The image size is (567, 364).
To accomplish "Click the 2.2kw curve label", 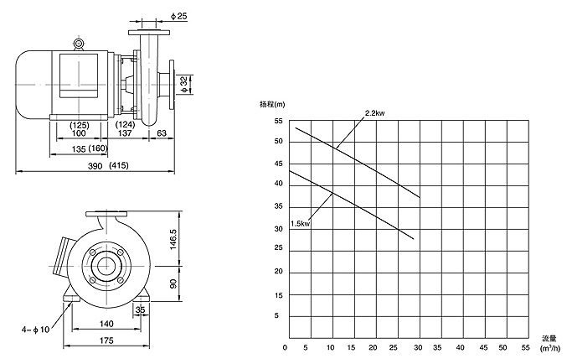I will pyautogui.click(x=374, y=112).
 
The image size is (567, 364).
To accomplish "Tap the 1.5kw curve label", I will pyautogui.click(x=300, y=223).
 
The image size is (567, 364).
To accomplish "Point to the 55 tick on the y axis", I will pyautogui.click(x=278, y=121).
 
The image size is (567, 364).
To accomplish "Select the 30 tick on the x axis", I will pyautogui.click(x=416, y=347).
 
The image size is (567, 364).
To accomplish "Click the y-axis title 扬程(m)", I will pyautogui.click(x=273, y=104).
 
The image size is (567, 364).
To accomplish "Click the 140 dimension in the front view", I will pyautogui.click(x=106, y=322).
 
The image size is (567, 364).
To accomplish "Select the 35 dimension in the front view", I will pyautogui.click(x=140, y=309).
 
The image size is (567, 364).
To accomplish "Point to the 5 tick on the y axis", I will pyautogui.click(x=279, y=315).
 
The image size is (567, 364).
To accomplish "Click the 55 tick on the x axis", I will pyautogui.click(x=526, y=347).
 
